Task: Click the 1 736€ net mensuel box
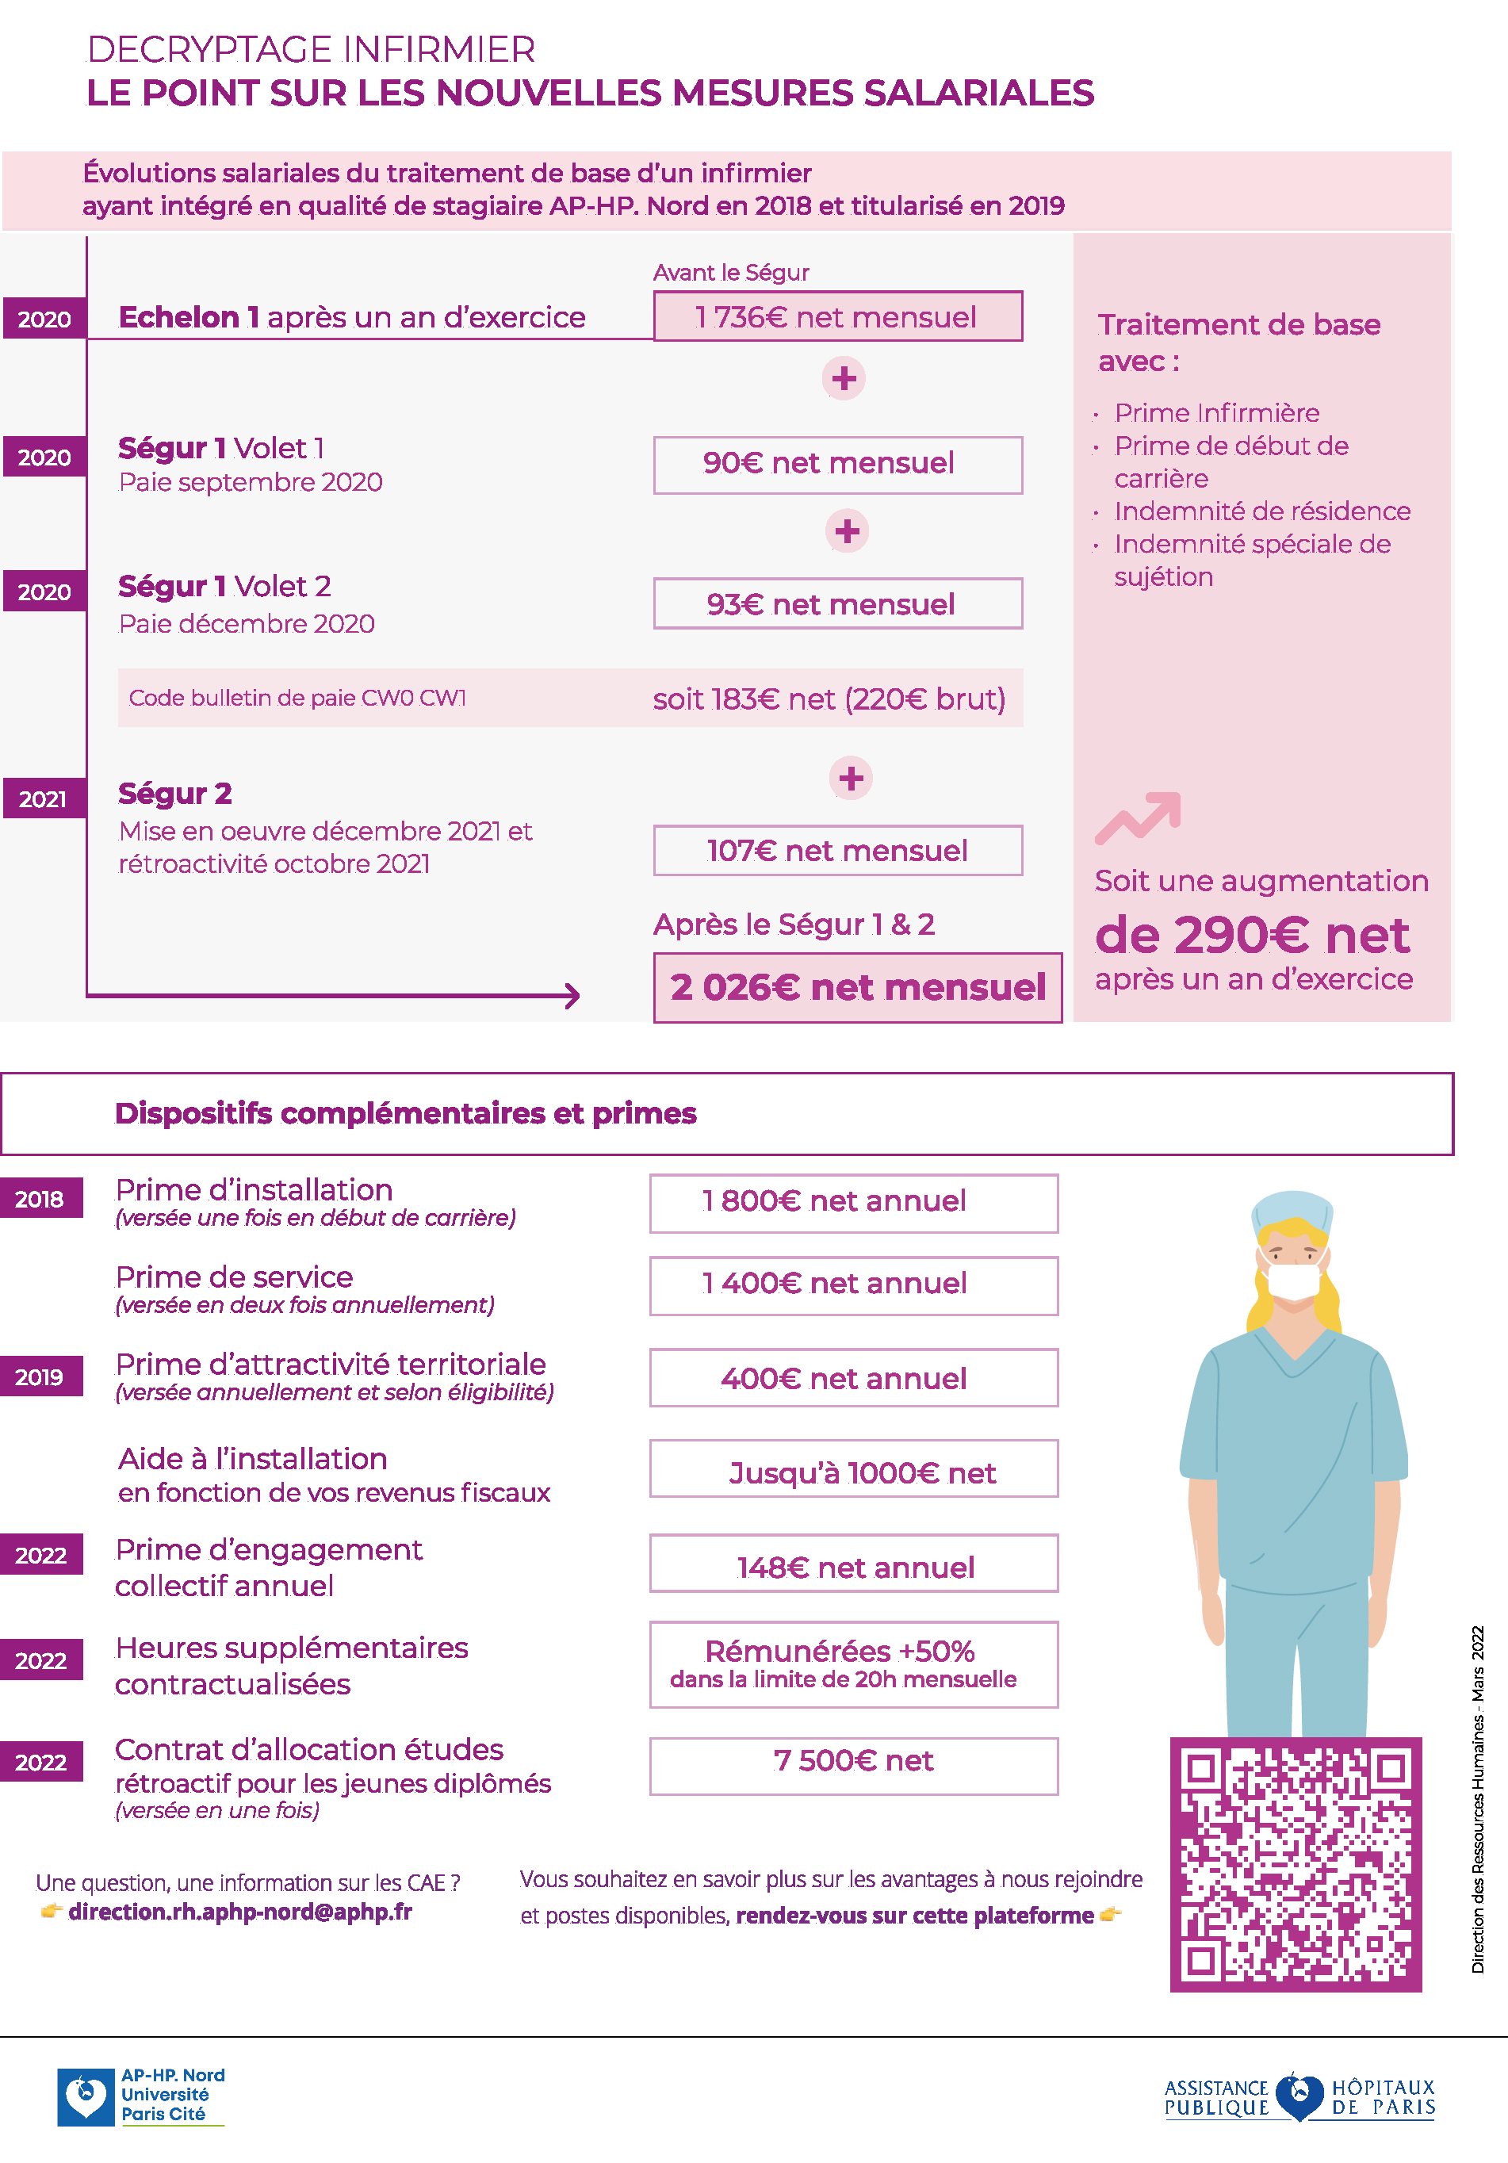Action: [x=837, y=316]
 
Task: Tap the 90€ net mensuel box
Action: [x=837, y=465]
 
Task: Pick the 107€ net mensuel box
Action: [x=837, y=851]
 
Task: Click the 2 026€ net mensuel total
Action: [x=857, y=987]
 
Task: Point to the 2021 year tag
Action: [x=44, y=799]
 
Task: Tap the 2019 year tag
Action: [x=40, y=1377]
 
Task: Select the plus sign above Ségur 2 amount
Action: [x=851, y=778]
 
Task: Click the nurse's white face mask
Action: [x=1293, y=1281]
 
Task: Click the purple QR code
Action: [x=1296, y=1866]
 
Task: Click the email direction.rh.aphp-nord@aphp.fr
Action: [x=240, y=1912]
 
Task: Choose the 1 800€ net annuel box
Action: [x=853, y=1202]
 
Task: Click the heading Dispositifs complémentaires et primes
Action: [x=405, y=1113]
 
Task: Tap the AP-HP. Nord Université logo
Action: [x=141, y=2096]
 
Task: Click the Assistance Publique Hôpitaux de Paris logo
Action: [x=1299, y=2097]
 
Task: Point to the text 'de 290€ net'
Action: [x=1252, y=936]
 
